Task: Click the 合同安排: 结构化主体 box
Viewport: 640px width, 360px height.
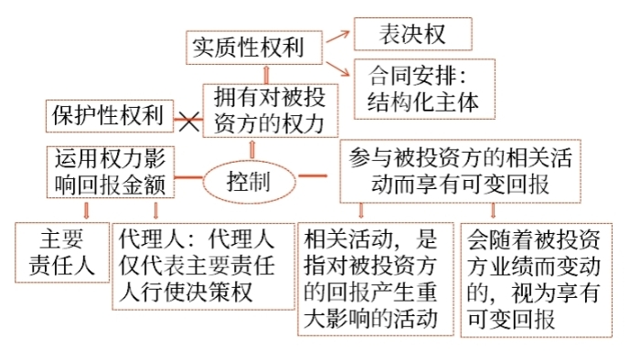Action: (x=423, y=88)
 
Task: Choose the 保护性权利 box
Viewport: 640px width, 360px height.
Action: (x=106, y=116)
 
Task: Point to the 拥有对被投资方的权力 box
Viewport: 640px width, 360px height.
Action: (x=264, y=111)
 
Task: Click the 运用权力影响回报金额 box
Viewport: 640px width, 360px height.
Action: (x=109, y=172)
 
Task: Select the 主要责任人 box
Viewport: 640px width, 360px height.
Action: (x=62, y=252)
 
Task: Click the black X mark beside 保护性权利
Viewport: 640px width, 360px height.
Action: (x=188, y=119)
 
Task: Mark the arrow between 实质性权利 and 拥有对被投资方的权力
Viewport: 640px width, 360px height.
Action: (x=265, y=72)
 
